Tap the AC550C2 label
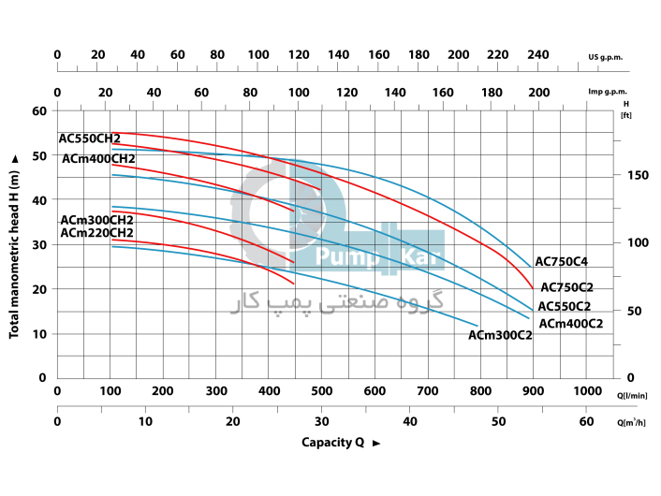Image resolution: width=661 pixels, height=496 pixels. [x=564, y=306]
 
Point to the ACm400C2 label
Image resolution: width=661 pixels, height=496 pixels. [x=570, y=324]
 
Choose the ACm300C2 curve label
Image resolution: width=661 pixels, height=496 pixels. [x=500, y=335]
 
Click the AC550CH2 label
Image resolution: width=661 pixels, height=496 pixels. [x=90, y=139]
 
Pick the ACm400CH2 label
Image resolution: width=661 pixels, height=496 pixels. [x=98, y=159]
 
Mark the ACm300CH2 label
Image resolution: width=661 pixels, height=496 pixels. [x=96, y=220]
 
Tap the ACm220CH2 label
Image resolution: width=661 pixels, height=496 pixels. [x=96, y=233]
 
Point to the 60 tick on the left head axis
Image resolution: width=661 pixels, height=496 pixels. [x=39, y=110]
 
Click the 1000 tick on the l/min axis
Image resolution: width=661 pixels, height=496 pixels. [x=588, y=391]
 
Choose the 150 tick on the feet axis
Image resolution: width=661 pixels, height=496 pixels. [x=638, y=175]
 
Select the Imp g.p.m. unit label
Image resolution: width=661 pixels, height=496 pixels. [x=608, y=92]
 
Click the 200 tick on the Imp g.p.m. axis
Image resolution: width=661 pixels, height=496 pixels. [x=538, y=92]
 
